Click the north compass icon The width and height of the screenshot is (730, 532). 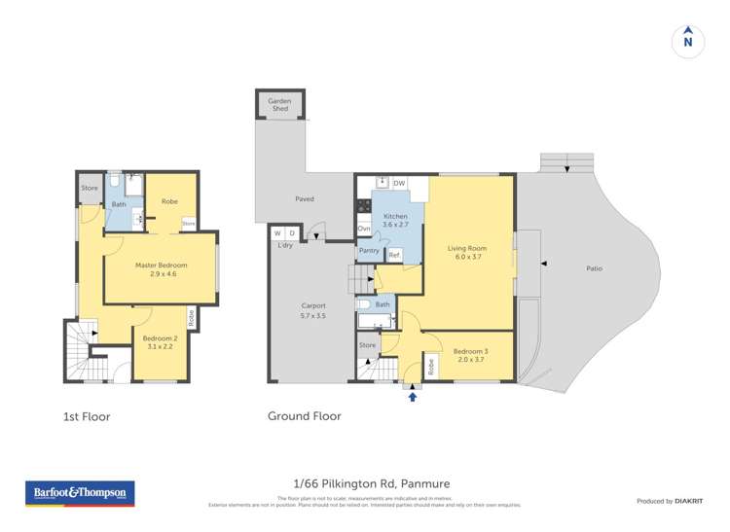[x=688, y=40]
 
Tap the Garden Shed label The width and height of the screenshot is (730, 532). [x=280, y=104]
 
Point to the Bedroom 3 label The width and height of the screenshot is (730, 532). [x=469, y=355]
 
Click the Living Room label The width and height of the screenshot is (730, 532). [x=466, y=252]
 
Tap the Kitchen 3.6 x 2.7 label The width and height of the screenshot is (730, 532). [x=395, y=220]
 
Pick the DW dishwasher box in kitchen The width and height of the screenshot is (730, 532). [x=399, y=183]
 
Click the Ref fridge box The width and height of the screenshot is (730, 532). [x=394, y=255]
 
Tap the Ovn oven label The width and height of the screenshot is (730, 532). [x=364, y=229]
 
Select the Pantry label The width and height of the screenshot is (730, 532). [x=369, y=251]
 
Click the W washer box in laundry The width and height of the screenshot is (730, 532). [x=277, y=233]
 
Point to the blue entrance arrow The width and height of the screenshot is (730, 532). [x=413, y=396]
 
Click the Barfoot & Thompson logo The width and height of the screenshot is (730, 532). [x=80, y=493]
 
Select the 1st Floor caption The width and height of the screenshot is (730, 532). [x=87, y=416]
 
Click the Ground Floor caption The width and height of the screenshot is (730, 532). [x=305, y=416]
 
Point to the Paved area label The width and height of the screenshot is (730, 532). [x=305, y=198]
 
